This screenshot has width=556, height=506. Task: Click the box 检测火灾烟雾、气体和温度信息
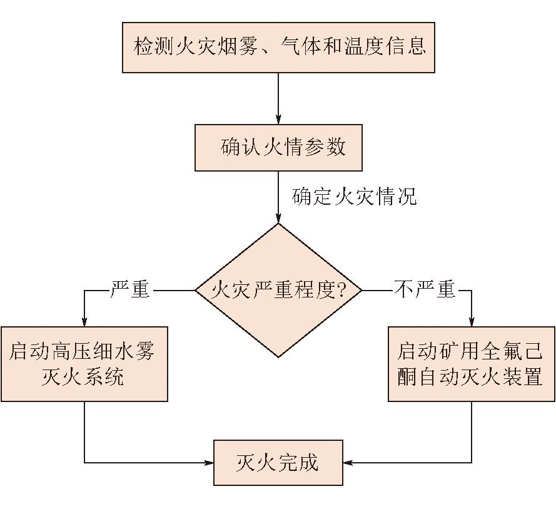pyautogui.click(x=278, y=48)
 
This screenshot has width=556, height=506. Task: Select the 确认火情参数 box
pyautogui.click(x=278, y=147)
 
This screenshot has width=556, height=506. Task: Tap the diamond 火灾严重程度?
pyautogui.click(x=278, y=291)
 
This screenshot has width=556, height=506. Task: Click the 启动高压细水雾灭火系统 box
pyautogui.click(x=84, y=364)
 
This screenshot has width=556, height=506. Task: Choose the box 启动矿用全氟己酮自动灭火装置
pyautogui.click(x=472, y=364)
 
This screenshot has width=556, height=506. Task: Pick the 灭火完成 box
pyautogui.click(x=278, y=463)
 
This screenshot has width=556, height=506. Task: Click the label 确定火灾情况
pyautogui.click(x=354, y=196)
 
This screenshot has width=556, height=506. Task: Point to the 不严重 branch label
pyautogui.click(x=425, y=289)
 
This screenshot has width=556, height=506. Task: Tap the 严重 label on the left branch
pyautogui.click(x=130, y=289)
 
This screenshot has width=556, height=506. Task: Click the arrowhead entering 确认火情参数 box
pyautogui.click(x=278, y=119)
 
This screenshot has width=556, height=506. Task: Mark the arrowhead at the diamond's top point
pyautogui.click(x=278, y=219)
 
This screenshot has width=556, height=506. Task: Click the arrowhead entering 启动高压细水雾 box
pyautogui.click(x=84, y=321)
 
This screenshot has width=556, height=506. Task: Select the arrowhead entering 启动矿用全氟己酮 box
pyautogui.click(x=472, y=321)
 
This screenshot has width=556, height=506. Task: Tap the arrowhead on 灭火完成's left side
pyautogui.click(x=208, y=463)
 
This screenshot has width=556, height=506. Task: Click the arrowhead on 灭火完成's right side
pyautogui.click(x=348, y=463)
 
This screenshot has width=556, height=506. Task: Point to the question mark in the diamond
pyautogui.click(x=341, y=290)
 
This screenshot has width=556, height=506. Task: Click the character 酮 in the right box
pyautogui.click(x=407, y=376)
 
